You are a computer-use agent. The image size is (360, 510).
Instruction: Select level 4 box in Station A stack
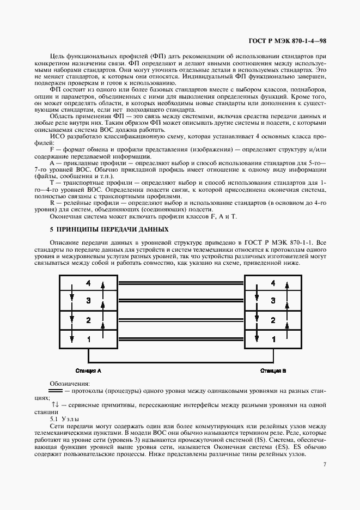(88, 283)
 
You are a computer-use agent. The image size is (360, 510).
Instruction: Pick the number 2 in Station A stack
(88, 320)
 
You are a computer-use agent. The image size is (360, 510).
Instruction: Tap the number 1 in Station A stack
(88, 339)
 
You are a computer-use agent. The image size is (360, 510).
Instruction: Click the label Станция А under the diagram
(88, 371)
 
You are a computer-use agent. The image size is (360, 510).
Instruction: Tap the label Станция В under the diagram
(273, 371)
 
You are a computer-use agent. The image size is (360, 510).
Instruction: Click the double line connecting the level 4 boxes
(181, 283)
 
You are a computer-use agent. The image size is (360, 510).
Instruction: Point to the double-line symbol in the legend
(56, 391)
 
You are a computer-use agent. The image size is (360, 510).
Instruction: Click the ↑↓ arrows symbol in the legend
(55, 405)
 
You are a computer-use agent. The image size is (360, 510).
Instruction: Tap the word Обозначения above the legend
(69, 384)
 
